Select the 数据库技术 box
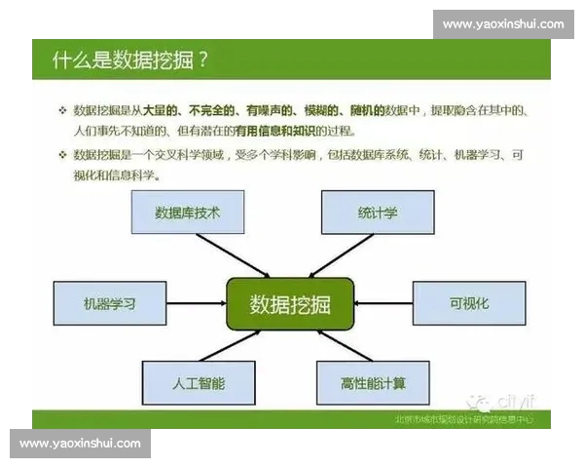click(x=186, y=213)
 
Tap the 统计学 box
click(x=377, y=213)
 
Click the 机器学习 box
click(x=109, y=304)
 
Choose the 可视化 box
click(x=469, y=304)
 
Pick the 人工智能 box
click(x=199, y=383)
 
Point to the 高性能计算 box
click(x=374, y=383)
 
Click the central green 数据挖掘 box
click(x=290, y=304)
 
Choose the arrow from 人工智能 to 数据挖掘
click(x=239, y=345)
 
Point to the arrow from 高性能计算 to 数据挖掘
click(x=340, y=346)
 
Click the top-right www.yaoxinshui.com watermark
click(x=502, y=24)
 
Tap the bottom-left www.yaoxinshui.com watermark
click(x=80, y=443)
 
